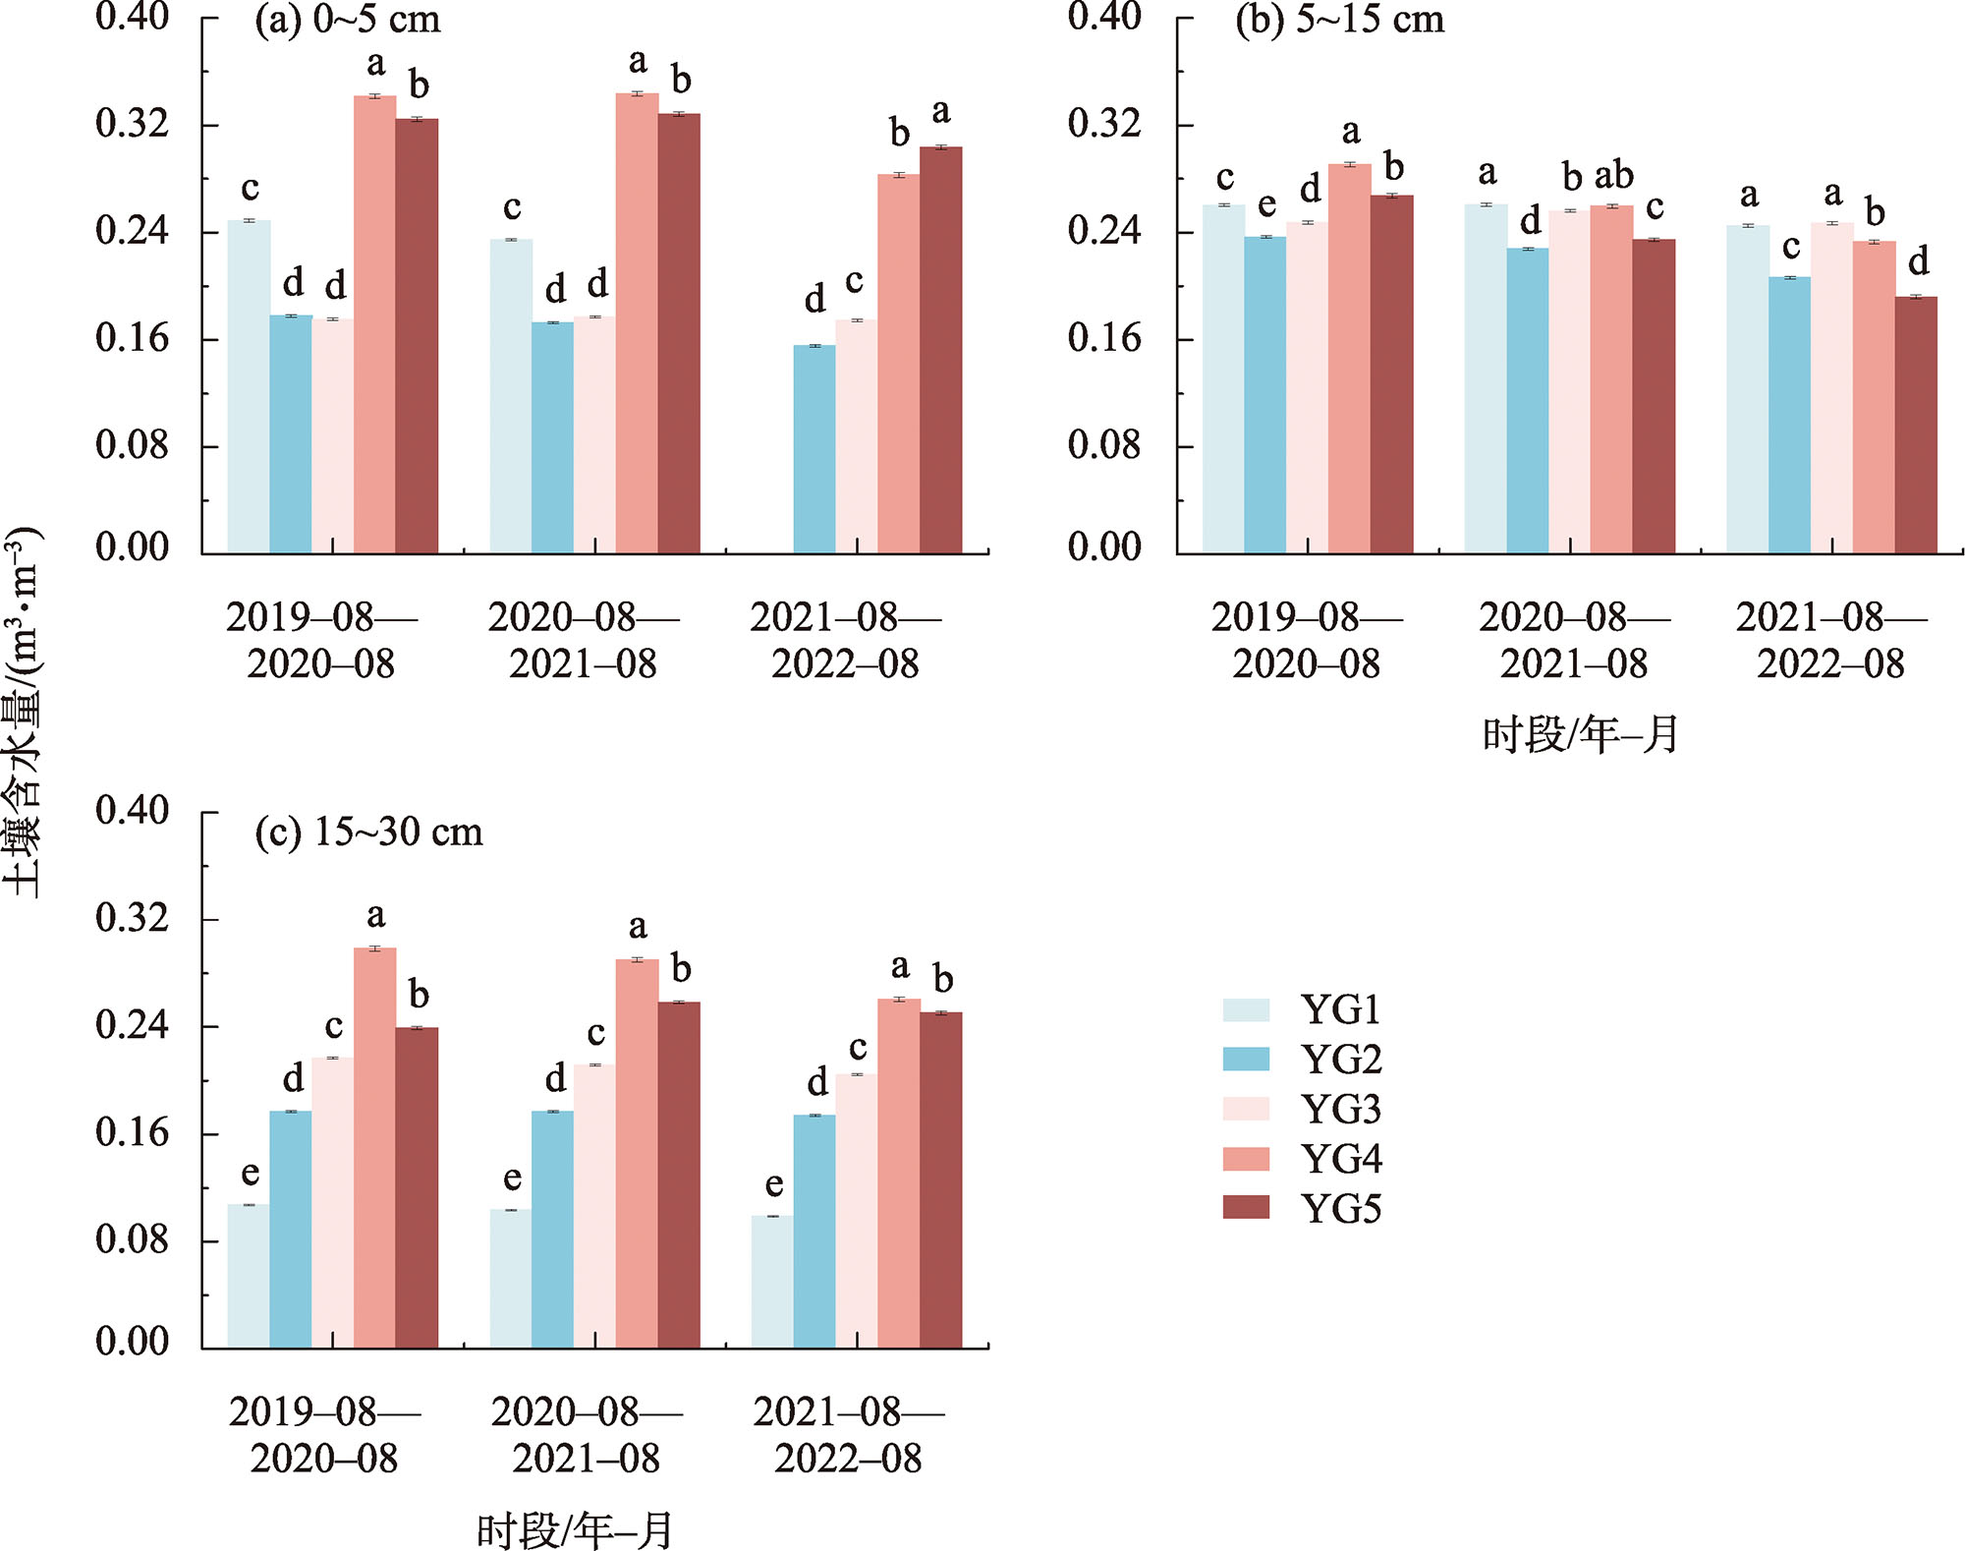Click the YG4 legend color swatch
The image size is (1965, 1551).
pyautogui.click(x=1246, y=1158)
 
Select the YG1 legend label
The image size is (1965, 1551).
pyautogui.click(x=1341, y=1009)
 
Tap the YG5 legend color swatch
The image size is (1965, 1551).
pyautogui.click(x=1246, y=1207)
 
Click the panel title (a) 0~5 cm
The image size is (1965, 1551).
pyautogui.click(x=348, y=21)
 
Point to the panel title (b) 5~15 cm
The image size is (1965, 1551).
pyautogui.click(x=1340, y=21)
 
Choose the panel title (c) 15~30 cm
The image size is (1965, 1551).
pyautogui.click(x=369, y=833)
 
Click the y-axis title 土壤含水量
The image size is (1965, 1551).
pyautogui.click(x=22, y=713)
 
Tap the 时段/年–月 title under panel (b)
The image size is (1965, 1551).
pyautogui.click(x=1580, y=735)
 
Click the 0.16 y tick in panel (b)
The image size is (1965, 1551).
pyautogui.click(x=1104, y=339)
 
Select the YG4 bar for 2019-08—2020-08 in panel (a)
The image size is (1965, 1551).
pyautogui.click(x=375, y=324)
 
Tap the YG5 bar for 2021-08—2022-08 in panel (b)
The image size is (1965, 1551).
pyautogui.click(x=1916, y=425)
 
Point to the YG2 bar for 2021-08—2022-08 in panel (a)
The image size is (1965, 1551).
pyautogui.click(x=814, y=449)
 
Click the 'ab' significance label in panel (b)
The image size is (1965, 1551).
pyautogui.click(x=1613, y=176)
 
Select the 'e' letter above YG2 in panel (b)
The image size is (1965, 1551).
pyautogui.click(x=1266, y=205)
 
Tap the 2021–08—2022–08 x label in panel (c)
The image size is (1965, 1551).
pyautogui.click(x=849, y=1435)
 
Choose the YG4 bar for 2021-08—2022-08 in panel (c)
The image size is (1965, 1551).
pyautogui.click(x=899, y=1174)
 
